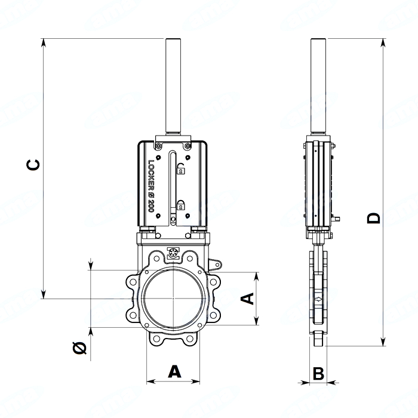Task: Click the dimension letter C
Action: coord(33,165)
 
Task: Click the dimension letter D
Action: coord(373,218)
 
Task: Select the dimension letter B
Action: coord(318,373)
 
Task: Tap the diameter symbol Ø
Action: coord(79,348)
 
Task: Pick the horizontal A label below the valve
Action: coord(174,371)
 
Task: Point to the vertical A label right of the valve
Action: coord(247,299)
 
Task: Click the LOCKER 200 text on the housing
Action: coord(151,186)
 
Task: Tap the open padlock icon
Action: coord(181,168)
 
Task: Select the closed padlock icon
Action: coord(181,204)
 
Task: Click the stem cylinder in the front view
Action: coord(173,86)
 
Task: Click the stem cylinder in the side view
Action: coord(318,86)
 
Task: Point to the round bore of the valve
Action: coord(173,299)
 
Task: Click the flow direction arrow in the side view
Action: coord(318,299)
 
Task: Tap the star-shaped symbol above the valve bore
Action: coord(173,253)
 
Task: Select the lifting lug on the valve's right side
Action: coord(215,265)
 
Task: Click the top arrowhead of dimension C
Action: coord(44,42)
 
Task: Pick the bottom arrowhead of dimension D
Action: coord(383,342)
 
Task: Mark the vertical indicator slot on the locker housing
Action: coord(173,185)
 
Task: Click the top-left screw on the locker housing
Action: coord(159,146)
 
